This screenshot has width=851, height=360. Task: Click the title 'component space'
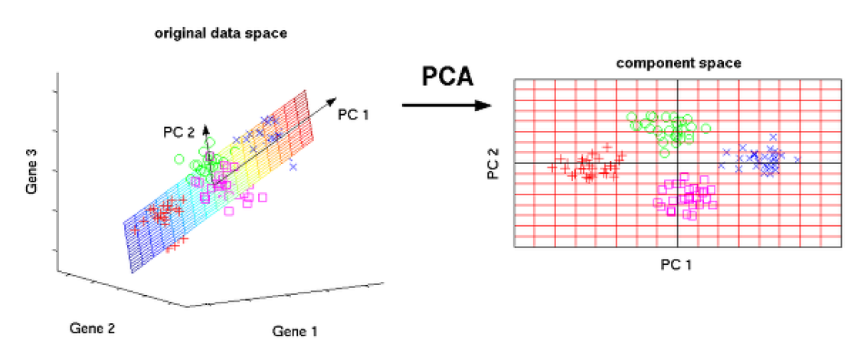pos(679,64)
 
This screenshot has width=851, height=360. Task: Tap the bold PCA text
pos(447,77)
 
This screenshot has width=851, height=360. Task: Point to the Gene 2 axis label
pos(92,329)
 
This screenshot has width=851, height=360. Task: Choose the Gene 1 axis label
pos(295,332)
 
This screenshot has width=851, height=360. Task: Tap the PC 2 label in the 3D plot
pos(179,131)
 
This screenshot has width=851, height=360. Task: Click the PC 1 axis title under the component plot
pos(678,264)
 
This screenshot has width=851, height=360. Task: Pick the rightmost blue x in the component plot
pos(797,159)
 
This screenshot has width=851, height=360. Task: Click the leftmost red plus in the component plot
pos(551,166)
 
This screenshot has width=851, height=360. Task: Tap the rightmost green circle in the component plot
pos(706,128)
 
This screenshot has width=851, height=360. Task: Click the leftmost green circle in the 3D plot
pos(179,159)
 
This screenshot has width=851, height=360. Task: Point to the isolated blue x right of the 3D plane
pos(293,166)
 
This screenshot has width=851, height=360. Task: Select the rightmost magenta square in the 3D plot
pos(263,197)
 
